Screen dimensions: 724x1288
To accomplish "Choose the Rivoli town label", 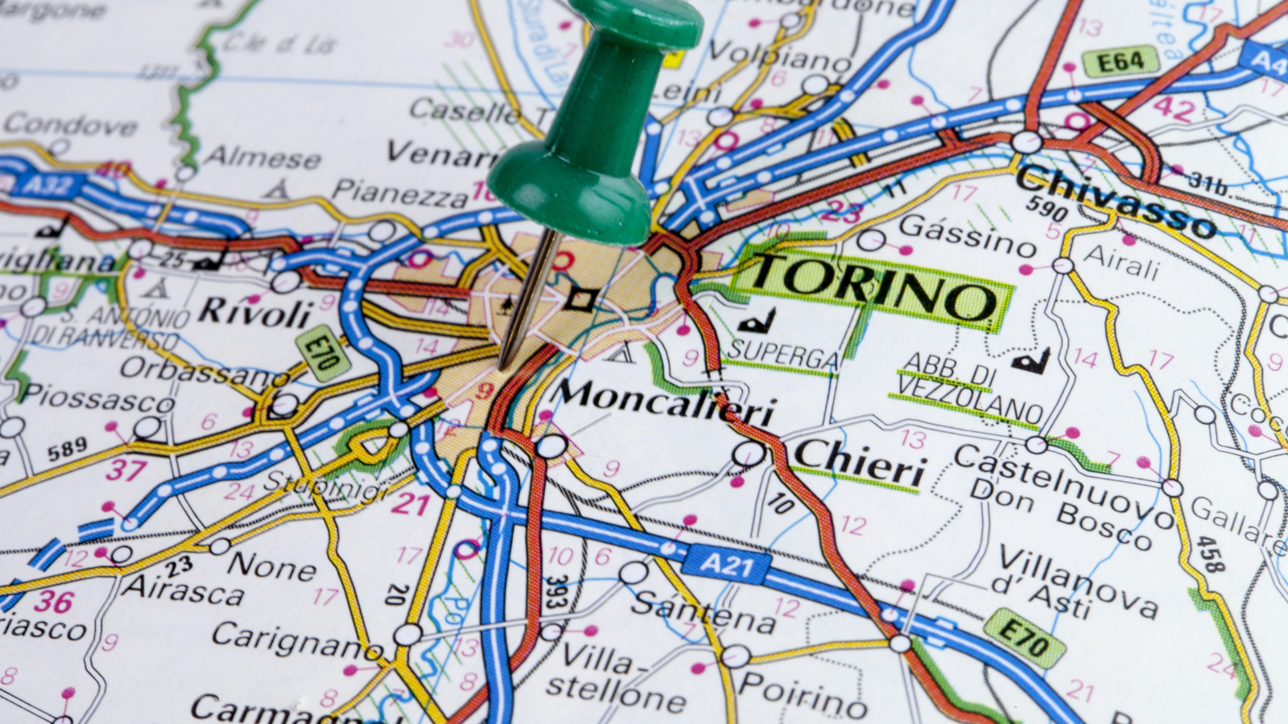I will (254, 312).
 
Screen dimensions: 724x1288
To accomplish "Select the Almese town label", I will (262, 156).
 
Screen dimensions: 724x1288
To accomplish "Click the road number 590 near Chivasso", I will (1046, 208).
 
